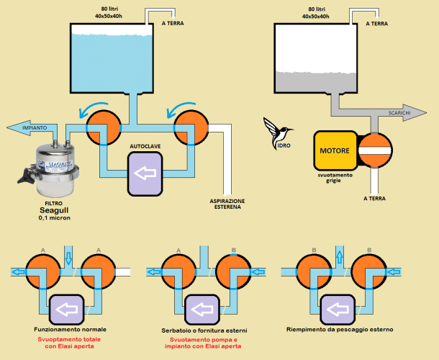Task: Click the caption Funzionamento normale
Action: pos(69,328)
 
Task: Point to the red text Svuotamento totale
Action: pos(69,339)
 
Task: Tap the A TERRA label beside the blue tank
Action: pos(173,24)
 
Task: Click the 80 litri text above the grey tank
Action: pos(317,9)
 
